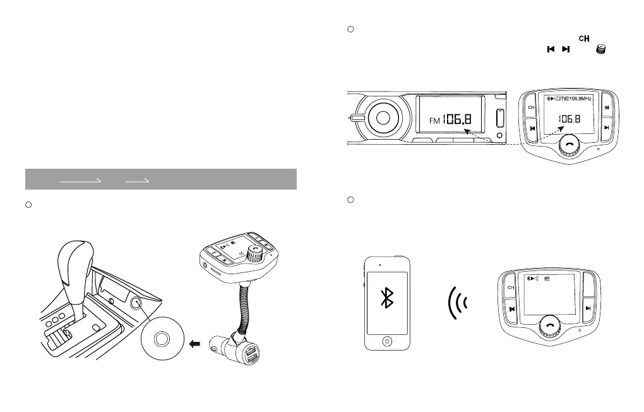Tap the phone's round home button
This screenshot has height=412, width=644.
tap(386, 340)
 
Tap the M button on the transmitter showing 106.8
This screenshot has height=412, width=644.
tap(607, 107)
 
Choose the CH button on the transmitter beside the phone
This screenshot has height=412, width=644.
tap(511, 288)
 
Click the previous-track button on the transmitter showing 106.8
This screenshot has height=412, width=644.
tap(533, 128)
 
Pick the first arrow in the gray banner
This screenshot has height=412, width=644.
tap(80, 180)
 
